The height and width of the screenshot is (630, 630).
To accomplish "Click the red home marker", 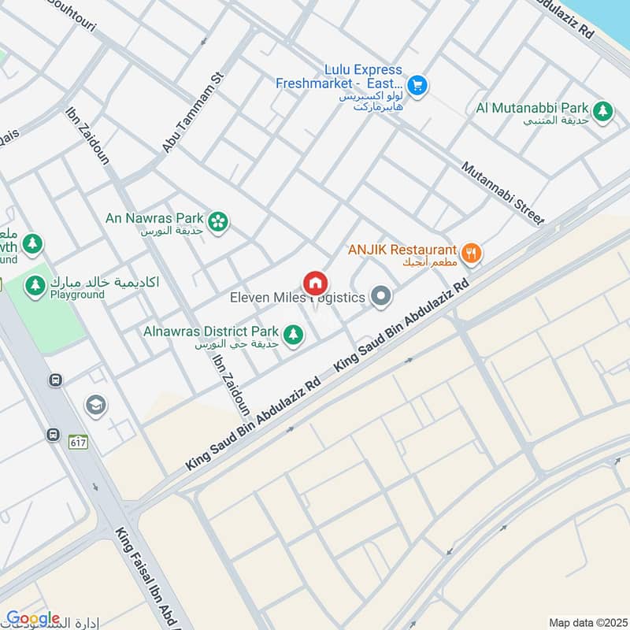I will coord(315,283).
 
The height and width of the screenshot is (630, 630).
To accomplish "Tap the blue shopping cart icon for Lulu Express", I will coord(417,85).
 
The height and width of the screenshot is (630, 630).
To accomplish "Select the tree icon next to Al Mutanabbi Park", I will coord(603,111).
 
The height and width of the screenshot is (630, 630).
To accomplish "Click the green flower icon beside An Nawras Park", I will coord(220,223).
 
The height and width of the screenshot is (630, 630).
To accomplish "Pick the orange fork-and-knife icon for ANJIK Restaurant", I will coord(471,253).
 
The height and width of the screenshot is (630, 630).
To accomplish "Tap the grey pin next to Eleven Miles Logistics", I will coord(381,297).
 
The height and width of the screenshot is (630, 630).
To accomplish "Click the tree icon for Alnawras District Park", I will coord(293,335).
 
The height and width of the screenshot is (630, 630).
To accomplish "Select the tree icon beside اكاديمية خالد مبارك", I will coord(35,286).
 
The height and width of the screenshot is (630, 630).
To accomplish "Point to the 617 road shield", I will coord(77,443).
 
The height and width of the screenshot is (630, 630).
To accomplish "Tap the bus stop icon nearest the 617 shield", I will coord(53,434).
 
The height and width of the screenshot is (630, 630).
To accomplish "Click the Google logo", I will coord(32,618).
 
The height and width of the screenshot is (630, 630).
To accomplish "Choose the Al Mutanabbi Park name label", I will coord(532,107).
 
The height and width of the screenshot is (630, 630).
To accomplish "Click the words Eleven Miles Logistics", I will coord(297,298).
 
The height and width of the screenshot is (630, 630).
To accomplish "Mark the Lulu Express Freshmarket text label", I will coord(340,76).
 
